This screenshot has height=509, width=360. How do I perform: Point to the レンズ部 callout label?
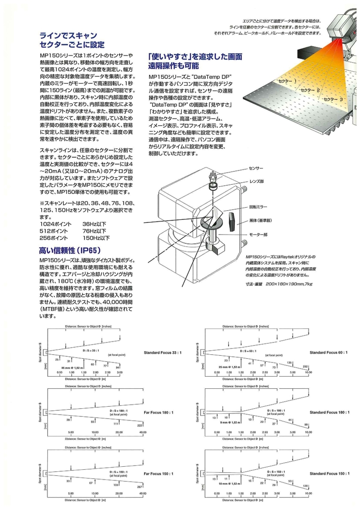tap(257, 181)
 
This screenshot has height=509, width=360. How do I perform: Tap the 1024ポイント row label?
tap(53, 223)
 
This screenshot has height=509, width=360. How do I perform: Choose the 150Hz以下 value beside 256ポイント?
tap(96, 237)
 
